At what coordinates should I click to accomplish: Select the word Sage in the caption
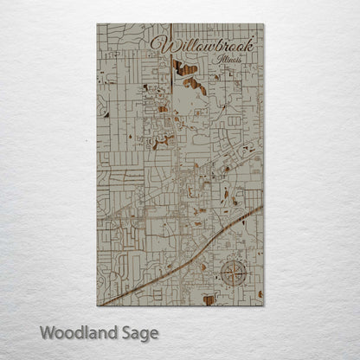coord(138,333)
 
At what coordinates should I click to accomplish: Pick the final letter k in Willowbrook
coord(254,42)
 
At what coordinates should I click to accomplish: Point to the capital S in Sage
coord(125,332)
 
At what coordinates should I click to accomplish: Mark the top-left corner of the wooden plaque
coord(97,24)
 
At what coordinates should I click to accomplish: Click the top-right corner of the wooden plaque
coord(264,24)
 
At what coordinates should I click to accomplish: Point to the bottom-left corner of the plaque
coord(97,305)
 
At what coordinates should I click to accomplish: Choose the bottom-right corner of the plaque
coord(264,305)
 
